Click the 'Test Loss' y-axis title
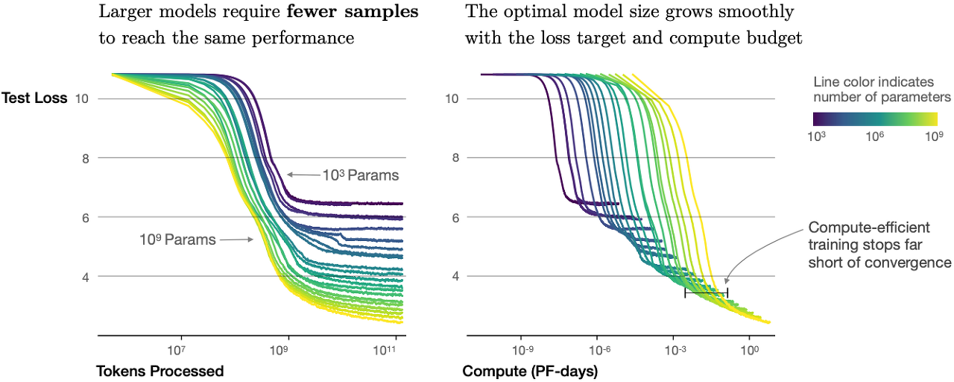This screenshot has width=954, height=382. (34, 98)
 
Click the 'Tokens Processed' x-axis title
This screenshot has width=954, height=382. (160, 371)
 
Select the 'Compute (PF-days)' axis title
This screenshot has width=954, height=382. (530, 371)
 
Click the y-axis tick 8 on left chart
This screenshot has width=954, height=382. (86, 158)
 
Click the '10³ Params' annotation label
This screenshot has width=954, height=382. (361, 176)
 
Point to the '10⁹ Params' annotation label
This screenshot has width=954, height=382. (177, 239)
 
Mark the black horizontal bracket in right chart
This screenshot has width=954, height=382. (706, 293)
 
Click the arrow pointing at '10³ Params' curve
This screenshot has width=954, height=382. (303, 175)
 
